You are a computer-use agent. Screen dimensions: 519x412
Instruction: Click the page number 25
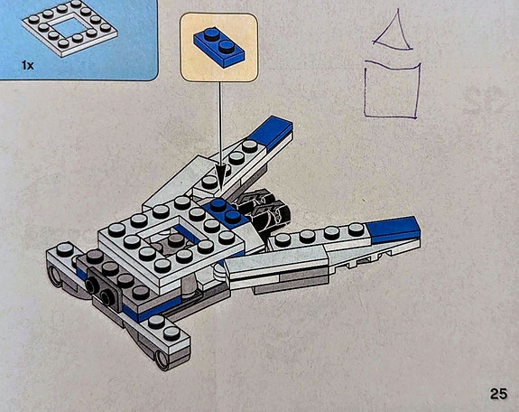click(498, 394)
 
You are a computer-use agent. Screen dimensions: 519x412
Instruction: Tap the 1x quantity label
click(28, 66)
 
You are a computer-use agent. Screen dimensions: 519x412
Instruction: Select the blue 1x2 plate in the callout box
click(219, 48)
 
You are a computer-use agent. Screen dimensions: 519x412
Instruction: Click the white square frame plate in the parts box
click(70, 28)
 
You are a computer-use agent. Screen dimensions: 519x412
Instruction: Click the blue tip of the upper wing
click(271, 132)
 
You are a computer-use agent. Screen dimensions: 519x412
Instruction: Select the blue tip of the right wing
click(394, 229)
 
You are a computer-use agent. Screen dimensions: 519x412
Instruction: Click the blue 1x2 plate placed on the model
click(225, 213)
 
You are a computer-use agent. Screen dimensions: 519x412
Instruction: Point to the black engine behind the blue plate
click(264, 210)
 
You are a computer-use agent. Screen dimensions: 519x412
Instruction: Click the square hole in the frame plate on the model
click(172, 238)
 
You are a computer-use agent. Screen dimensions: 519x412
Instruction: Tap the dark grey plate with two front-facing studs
click(103, 290)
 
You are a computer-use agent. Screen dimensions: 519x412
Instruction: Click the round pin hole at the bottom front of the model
click(162, 360)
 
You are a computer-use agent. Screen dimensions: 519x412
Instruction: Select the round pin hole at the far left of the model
click(55, 276)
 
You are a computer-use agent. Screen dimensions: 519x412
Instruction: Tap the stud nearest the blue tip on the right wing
click(355, 229)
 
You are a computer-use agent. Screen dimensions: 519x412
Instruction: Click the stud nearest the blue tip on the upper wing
click(250, 145)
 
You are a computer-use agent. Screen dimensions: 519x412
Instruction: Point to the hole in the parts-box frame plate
click(69, 26)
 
